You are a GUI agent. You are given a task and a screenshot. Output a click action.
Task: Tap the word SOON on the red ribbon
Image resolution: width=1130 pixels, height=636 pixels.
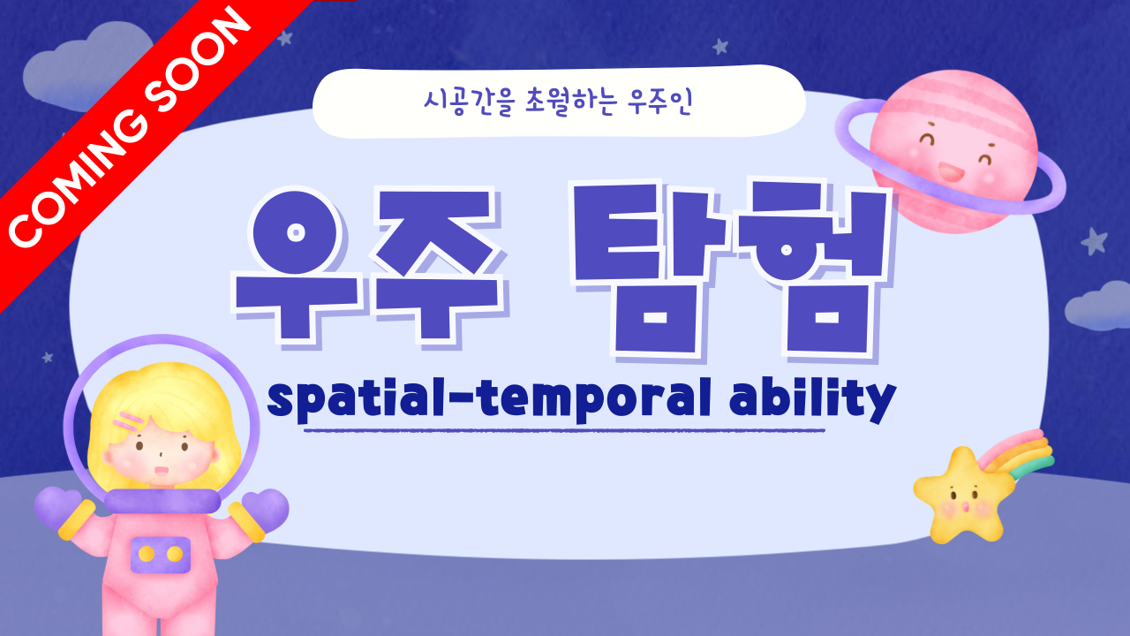[197, 59]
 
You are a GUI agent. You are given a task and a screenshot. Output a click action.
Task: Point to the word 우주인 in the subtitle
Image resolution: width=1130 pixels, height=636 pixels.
[659, 102]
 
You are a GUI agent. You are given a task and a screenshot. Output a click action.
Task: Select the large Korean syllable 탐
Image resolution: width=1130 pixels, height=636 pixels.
[652, 268]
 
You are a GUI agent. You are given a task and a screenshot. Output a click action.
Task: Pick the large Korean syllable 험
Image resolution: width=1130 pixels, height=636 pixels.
[812, 268]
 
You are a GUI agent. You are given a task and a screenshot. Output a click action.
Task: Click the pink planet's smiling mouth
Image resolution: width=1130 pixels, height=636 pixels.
[951, 171]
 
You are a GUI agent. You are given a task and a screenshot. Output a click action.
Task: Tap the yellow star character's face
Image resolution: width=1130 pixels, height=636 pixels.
[962, 500]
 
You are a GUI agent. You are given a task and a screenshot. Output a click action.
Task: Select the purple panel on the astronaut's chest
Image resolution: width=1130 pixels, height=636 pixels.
[161, 555]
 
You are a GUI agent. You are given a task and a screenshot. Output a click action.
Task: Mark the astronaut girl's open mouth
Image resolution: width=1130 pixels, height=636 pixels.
[161, 471]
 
